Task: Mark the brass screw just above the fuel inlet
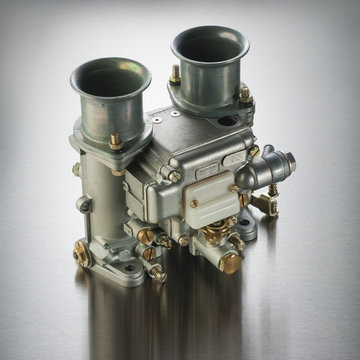coord(254,151)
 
